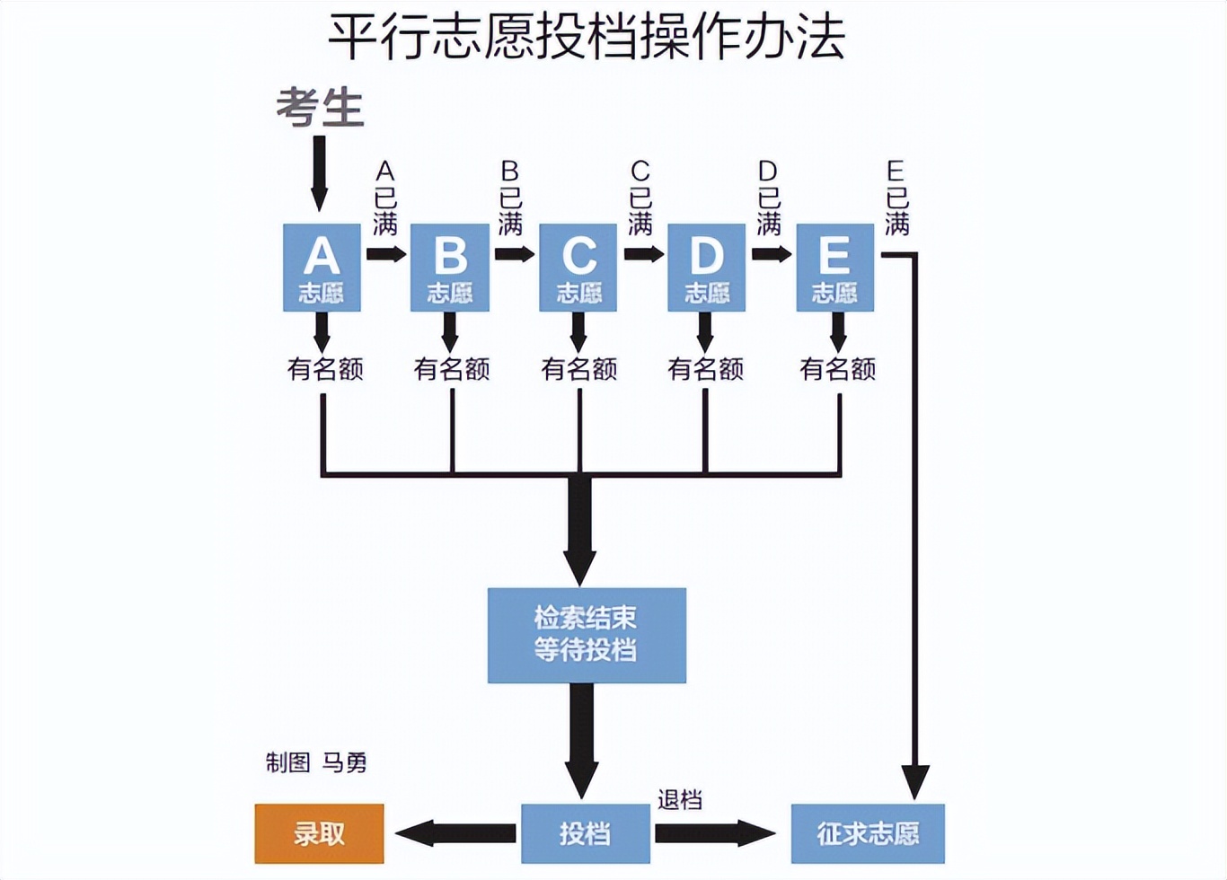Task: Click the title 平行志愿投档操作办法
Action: pos(586,38)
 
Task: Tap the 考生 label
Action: pos(320,108)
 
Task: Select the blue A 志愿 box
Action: pos(322,268)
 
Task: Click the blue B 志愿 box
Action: pos(450,268)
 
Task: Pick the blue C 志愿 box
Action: pos(578,268)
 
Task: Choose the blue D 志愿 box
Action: pos(707,268)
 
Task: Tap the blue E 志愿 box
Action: pos(835,268)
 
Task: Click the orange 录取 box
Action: pos(319,833)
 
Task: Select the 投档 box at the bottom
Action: pos(586,833)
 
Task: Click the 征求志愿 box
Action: pos(868,833)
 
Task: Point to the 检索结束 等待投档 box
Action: pos(587,635)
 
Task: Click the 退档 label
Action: pos(679,799)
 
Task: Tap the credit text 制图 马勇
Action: pos(316,762)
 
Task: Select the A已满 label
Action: pos(385,198)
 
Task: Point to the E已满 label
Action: pos(896,198)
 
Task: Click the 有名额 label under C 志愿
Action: pos(579,369)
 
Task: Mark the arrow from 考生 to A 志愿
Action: pos(319,172)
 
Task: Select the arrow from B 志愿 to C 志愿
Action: pos(515,254)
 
